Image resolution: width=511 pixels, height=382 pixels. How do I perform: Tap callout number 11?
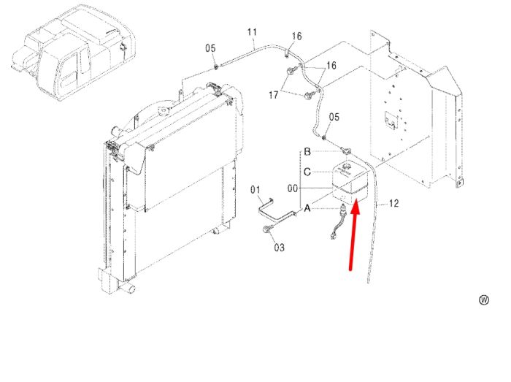point(253,32)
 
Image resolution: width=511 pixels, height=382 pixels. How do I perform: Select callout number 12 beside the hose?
point(393,203)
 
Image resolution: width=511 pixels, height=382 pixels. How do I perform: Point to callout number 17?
point(274,95)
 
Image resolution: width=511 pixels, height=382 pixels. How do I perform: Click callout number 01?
point(255,190)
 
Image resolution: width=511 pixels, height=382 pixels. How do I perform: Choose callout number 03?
point(279,248)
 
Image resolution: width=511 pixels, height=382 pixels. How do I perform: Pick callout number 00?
point(292,188)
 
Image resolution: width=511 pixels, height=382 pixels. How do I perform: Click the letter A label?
point(307,208)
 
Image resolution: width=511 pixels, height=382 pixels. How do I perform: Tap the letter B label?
point(307,152)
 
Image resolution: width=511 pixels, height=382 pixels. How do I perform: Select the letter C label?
point(307,172)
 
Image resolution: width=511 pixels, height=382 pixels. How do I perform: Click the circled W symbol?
point(484,300)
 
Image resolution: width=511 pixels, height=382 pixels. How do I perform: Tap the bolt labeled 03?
point(266,230)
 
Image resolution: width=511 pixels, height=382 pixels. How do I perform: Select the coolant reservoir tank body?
point(350,183)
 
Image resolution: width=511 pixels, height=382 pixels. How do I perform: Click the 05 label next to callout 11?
point(210,48)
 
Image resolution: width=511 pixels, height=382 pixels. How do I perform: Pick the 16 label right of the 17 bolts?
point(331,66)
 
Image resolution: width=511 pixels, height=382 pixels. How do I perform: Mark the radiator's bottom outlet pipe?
point(127,287)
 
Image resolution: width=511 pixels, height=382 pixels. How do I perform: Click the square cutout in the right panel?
point(392,121)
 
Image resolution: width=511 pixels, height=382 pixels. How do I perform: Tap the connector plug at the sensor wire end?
point(333,236)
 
